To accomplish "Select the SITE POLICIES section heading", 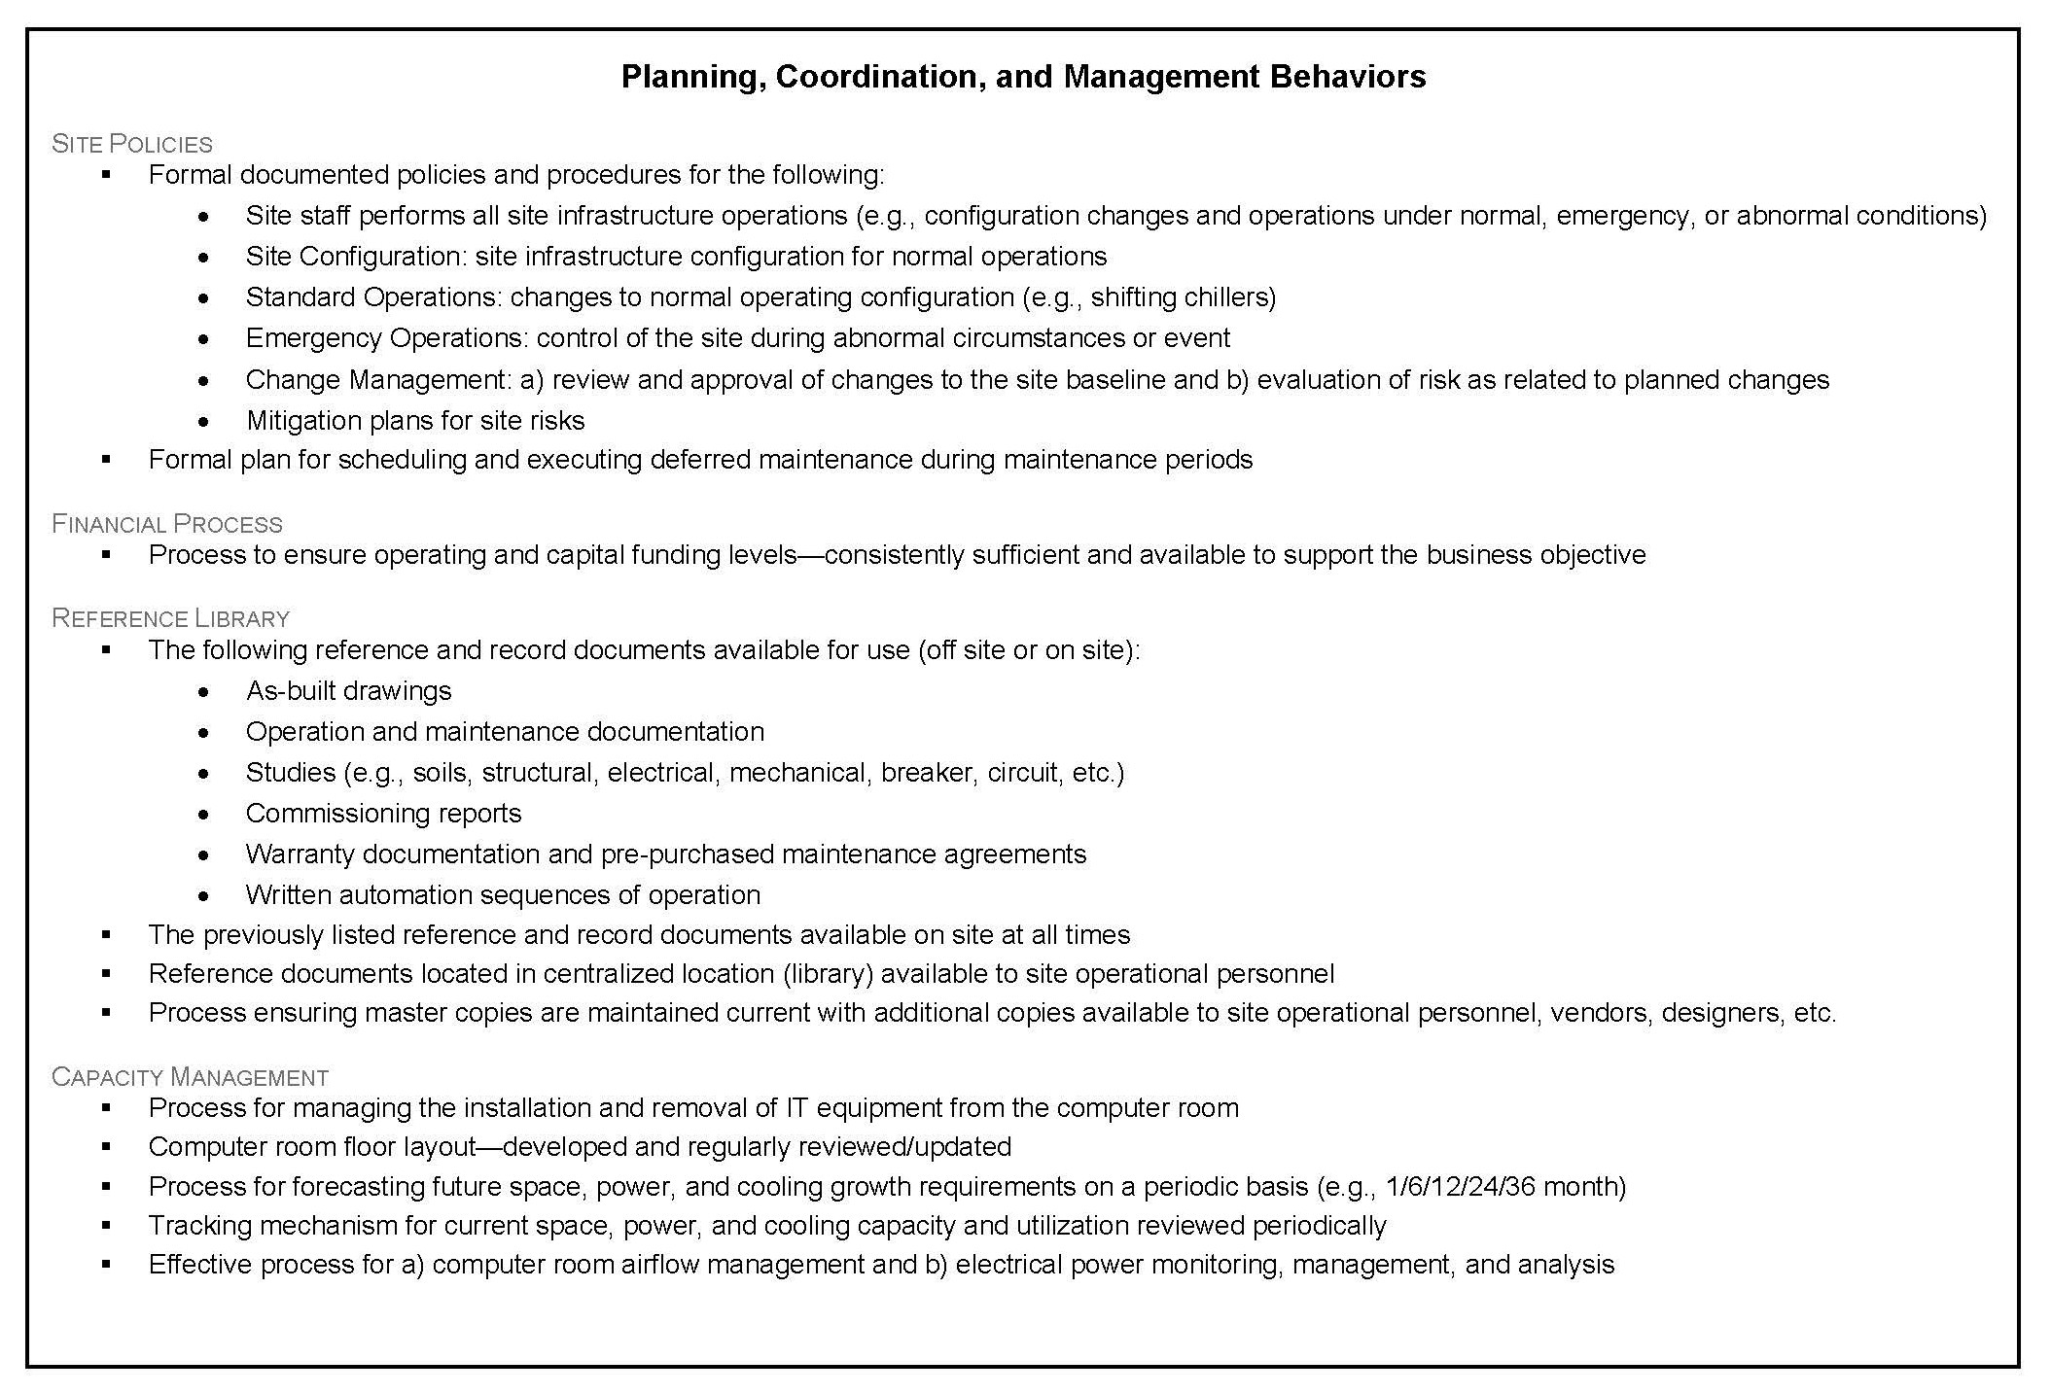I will click(132, 144).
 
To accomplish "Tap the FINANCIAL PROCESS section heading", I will click(167, 524).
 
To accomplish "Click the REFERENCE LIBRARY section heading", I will click(171, 618).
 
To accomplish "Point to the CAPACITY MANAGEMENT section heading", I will click(191, 1077).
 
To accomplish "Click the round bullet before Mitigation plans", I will click(202, 421).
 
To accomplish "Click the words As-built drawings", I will click(348, 690).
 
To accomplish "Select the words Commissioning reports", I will click(383, 813).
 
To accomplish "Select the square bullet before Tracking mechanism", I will click(106, 1225).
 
